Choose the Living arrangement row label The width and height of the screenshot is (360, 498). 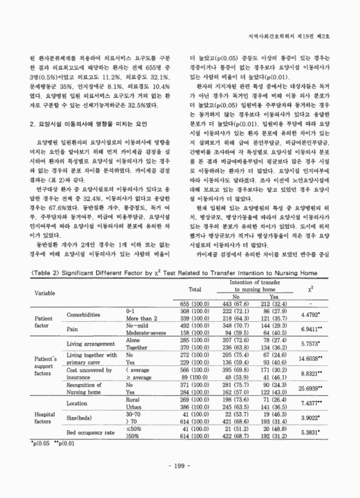[93, 344]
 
